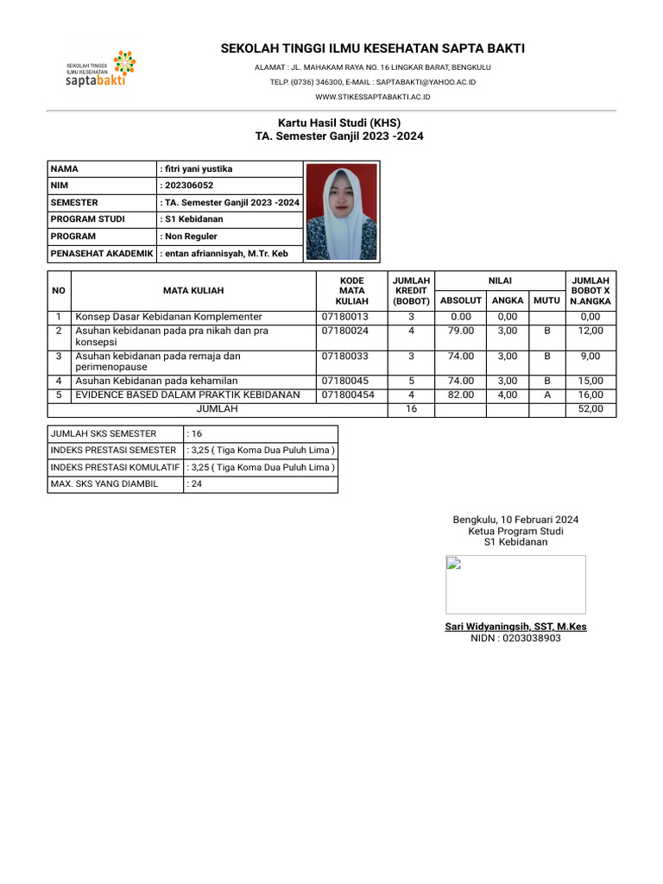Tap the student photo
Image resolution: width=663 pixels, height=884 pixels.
343,212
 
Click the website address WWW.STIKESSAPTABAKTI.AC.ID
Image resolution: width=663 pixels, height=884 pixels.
373,97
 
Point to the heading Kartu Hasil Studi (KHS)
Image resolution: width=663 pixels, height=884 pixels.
339,123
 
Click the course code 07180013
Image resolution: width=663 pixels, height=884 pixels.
345,317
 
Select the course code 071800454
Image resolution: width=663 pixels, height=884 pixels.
348,395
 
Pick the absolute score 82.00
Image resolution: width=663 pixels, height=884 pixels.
461,395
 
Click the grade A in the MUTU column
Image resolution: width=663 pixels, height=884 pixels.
546,395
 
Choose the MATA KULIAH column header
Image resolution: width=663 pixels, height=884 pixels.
193,292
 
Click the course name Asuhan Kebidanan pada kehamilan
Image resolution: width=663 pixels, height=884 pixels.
156,381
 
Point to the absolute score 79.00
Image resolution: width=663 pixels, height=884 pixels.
461,331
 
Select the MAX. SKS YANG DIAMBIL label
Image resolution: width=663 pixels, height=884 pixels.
104,484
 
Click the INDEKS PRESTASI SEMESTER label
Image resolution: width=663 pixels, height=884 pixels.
113,451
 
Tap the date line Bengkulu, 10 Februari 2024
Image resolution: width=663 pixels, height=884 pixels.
515,520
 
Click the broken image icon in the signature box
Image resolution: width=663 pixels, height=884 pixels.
453,564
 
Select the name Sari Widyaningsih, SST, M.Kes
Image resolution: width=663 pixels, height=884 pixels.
515,627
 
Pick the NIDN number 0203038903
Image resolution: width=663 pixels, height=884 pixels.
515,639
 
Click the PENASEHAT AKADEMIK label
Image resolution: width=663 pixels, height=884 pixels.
102,254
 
